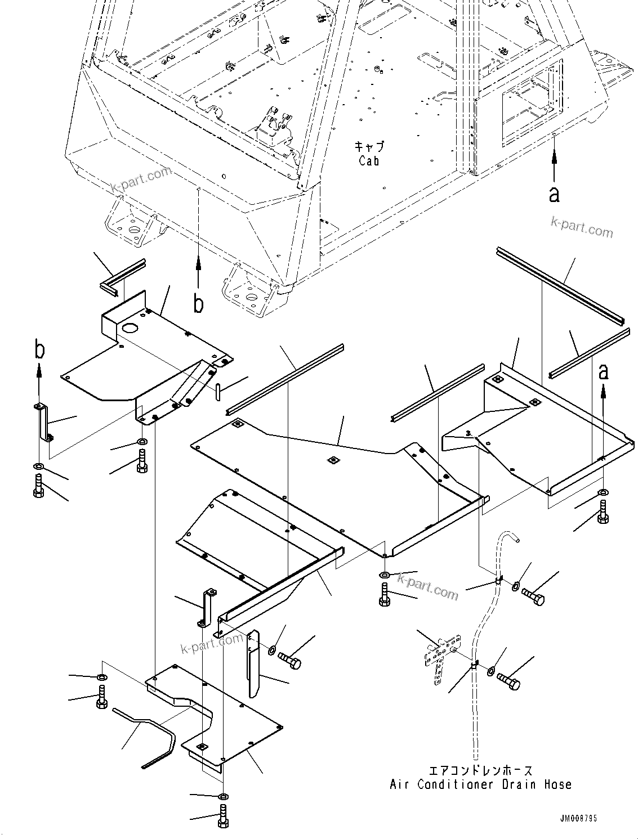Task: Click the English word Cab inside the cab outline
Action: coord(369,161)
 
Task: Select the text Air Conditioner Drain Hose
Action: coord(480,784)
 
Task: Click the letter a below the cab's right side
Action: coord(554,194)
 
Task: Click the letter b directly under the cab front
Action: coord(198,304)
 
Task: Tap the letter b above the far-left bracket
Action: coord(39,349)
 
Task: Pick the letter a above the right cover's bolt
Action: coord(603,371)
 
